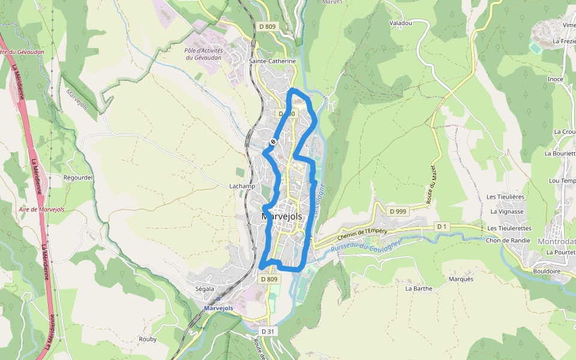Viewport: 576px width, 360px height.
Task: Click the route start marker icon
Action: tap(273, 142)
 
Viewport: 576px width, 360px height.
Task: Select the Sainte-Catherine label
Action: tap(273, 61)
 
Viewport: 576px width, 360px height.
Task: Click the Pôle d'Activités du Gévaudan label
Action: tap(203, 54)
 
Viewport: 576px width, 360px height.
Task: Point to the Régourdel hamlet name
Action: tap(77, 178)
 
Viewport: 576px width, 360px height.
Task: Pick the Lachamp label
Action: tap(242, 186)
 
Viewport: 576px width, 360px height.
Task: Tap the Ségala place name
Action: tap(205, 289)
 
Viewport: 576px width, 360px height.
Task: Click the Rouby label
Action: tap(148, 339)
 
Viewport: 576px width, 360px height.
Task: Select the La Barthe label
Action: tap(419, 289)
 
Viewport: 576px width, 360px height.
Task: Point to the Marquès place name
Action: tap(461, 279)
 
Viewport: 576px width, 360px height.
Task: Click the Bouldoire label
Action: tap(547, 271)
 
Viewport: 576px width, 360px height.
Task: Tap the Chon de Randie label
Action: tap(509, 241)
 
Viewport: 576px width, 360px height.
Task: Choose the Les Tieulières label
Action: tap(506, 197)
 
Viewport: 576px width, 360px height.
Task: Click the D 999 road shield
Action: tap(398, 211)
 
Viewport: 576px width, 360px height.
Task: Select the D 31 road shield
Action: tap(268, 331)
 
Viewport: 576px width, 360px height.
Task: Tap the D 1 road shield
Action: tap(442, 226)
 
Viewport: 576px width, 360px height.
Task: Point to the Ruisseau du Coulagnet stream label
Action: tap(365, 244)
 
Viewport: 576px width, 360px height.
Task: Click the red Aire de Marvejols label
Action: tap(42, 209)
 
